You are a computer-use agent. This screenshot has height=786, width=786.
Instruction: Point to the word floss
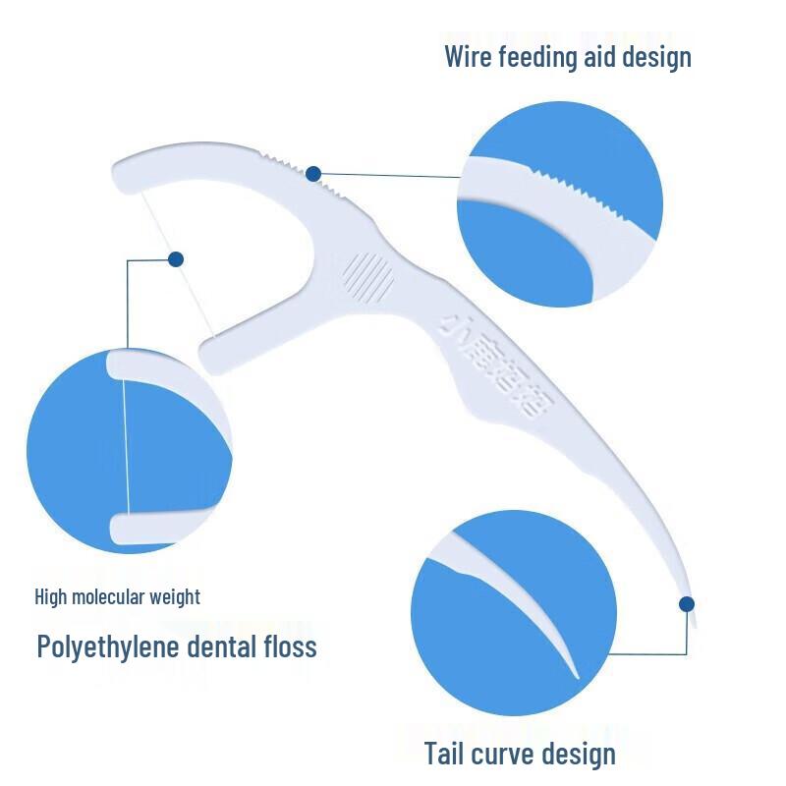pyautogui.click(x=290, y=646)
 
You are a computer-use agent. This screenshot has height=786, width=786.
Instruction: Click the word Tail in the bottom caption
pyautogui.click(x=446, y=754)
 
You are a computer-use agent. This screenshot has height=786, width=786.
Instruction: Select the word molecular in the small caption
pyautogui.click(x=113, y=596)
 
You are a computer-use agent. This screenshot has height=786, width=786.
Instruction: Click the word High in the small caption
pyautogui.click(x=51, y=596)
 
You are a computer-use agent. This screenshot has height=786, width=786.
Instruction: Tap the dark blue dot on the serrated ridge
pyautogui.click(x=313, y=174)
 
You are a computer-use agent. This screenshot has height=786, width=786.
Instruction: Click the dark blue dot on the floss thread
pyautogui.click(x=176, y=259)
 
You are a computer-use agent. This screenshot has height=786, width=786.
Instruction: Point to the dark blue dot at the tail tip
pyautogui.click(x=687, y=603)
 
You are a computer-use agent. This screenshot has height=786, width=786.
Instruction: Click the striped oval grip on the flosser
pyautogui.click(x=370, y=275)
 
